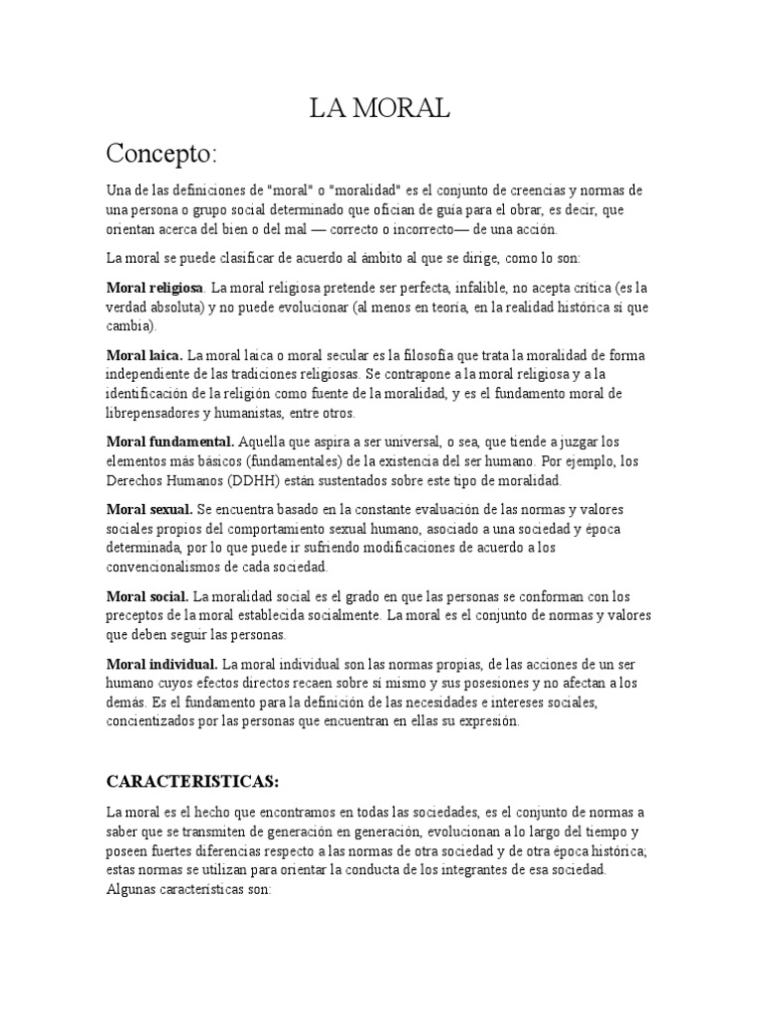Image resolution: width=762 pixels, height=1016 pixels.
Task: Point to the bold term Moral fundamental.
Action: point(170,441)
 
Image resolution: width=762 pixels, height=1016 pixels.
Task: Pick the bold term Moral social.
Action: point(147,596)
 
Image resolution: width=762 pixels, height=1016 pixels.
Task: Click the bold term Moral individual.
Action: point(162,662)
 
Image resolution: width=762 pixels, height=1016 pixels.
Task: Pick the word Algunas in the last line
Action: point(131,889)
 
